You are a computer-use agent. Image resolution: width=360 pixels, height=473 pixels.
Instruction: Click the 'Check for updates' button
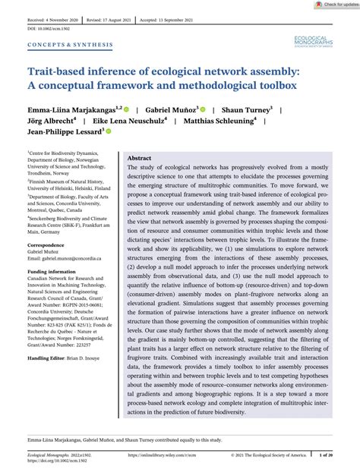(x=335, y=5)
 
